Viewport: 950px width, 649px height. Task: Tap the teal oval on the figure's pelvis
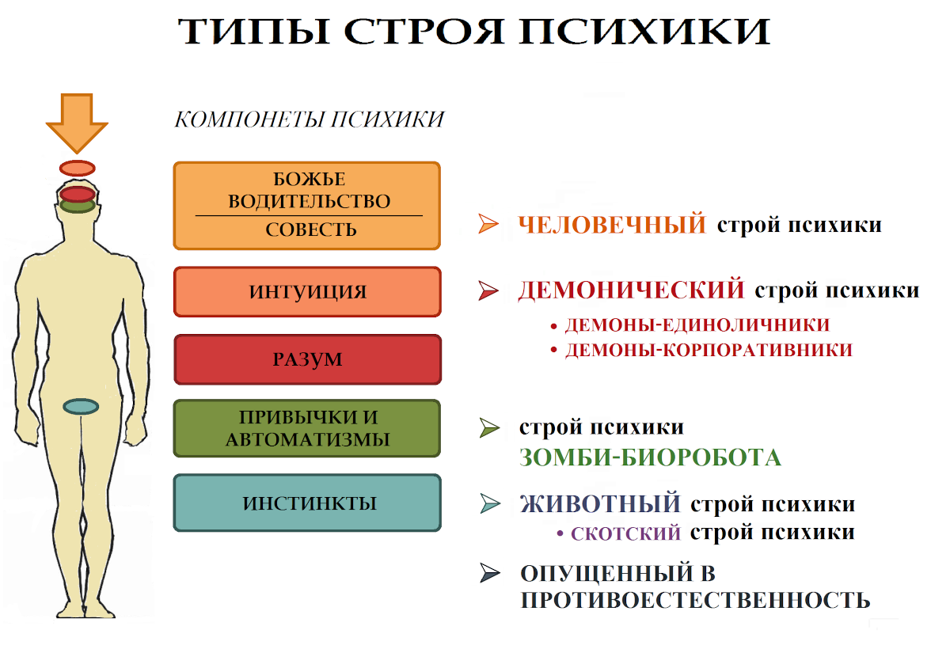click(x=80, y=407)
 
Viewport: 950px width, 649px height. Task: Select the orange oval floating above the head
click(x=78, y=168)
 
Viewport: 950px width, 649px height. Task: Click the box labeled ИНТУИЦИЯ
click(x=307, y=292)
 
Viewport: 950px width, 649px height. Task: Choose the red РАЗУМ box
click(x=307, y=359)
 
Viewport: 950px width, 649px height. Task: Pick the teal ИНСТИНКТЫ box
click(x=307, y=503)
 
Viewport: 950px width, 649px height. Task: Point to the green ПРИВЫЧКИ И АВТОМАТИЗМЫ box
click(x=307, y=428)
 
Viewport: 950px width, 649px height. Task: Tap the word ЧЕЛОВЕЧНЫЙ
click(x=611, y=225)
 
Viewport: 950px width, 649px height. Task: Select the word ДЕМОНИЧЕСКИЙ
click(x=631, y=290)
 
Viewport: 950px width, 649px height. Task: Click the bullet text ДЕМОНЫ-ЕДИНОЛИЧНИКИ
click(x=697, y=324)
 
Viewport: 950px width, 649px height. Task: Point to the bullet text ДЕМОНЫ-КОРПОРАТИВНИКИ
click(x=708, y=350)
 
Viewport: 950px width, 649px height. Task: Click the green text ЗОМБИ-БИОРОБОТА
click(x=650, y=457)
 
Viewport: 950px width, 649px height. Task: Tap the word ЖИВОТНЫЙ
click(x=600, y=503)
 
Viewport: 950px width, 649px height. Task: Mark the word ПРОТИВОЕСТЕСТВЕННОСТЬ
click(x=695, y=599)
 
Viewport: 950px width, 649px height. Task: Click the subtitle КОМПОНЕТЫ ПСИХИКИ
click(x=309, y=120)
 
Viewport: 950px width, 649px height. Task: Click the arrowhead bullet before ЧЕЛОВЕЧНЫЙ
click(x=488, y=225)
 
